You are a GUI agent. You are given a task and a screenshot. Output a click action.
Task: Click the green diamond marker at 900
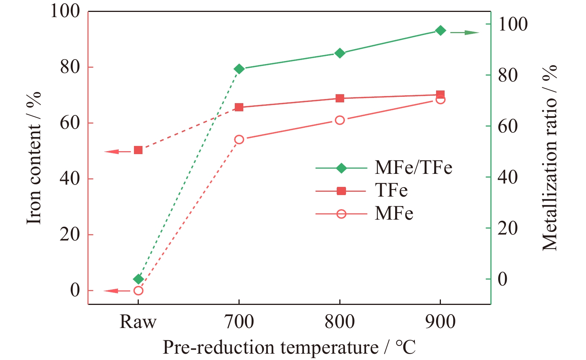coord(440,31)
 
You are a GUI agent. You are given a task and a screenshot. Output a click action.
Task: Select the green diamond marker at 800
coord(340,53)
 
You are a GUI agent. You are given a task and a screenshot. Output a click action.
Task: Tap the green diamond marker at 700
coord(239,69)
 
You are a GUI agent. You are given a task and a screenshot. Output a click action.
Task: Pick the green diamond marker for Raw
coord(138,279)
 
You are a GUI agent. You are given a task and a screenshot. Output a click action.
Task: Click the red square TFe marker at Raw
coord(138,150)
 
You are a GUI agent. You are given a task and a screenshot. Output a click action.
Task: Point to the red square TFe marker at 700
coord(239,107)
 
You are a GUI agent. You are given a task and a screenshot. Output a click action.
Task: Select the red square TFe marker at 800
coord(340,98)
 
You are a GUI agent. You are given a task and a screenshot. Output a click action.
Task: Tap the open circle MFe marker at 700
coord(239,140)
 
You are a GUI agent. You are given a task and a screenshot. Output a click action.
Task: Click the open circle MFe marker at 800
coord(340,120)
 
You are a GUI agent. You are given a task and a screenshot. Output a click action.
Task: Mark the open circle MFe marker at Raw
coord(138,290)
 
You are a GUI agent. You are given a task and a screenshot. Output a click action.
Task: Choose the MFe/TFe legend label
coord(413,167)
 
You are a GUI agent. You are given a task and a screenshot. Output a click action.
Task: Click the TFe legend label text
coord(391,190)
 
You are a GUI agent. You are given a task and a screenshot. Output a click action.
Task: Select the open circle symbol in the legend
coord(342,214)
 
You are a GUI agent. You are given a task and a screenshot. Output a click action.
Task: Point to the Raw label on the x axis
coord(138,322)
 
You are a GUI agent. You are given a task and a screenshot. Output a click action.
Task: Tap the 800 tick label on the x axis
coord(340,322)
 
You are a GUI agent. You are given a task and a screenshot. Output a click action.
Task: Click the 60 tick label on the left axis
coord(70,123)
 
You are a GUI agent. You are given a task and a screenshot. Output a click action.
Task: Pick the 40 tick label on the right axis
coord(507,177)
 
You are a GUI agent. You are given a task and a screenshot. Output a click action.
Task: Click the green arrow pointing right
coord(465,33)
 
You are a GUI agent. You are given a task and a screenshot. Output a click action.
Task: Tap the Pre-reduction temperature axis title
coord(289,347)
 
